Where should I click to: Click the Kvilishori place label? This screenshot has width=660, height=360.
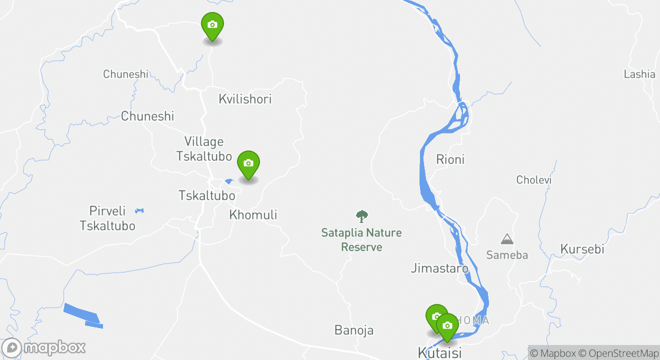tap(245, 99)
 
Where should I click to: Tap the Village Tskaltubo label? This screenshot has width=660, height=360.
tap(204, 149)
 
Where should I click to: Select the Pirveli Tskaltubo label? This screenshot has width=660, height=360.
tap(107, 218)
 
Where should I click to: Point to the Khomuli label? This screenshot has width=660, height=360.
tap(253, 215)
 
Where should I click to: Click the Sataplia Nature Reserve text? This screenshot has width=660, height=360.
tap(361, 240)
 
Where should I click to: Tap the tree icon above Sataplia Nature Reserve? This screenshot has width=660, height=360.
tap(361, 216)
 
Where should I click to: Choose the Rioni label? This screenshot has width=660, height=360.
tap(450, 159)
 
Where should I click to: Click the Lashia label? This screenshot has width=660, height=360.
tap(639, 74)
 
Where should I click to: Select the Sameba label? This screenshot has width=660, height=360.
tap(507, 255)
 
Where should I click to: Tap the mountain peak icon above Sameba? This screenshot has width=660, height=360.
tap(507, 239)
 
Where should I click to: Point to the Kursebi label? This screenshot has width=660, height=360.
tap(582, 249)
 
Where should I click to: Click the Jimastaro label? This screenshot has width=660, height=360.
tap(439, 268)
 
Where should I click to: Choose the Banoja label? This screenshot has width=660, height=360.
tap(354, 330)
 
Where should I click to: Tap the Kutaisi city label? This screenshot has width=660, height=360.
tap(439, 352)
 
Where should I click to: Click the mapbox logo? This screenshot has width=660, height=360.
tap(43, 347)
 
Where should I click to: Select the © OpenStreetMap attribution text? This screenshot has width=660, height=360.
tap(618, 353)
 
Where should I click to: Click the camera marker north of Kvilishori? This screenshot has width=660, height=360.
tap(212, 25)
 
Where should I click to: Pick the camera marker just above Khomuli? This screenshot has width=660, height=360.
tap(248, 163)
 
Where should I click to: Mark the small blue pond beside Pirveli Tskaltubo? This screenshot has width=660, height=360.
tap(139, 211)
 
